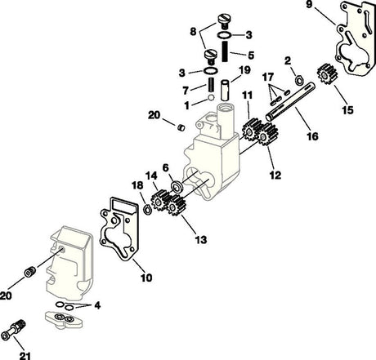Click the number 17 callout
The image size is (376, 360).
pyautogui.click(x=267, y=78)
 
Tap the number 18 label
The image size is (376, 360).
pyautogui.click(x=137, y=186)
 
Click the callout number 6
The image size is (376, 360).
pyautogui.click(x=166, y=168)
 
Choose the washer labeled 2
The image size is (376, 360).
pyautogui.click(x=300, y=78)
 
